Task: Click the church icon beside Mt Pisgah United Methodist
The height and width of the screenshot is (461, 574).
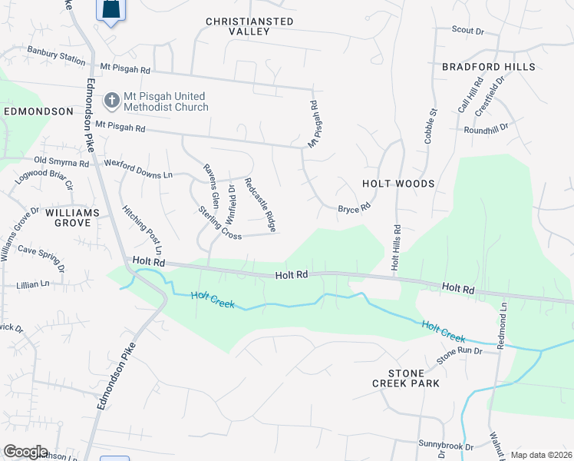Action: (111, 101)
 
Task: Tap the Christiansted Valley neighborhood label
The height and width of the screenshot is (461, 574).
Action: (249, 26)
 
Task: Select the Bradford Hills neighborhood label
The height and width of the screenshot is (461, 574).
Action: (488, 68)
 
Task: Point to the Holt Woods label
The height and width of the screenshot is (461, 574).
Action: (398, 184)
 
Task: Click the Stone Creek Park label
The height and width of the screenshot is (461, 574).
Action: (406, 376)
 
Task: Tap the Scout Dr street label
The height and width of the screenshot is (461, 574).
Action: (468, 31)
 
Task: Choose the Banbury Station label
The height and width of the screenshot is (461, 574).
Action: (56, 57)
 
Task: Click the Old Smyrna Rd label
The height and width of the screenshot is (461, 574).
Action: (62, 162)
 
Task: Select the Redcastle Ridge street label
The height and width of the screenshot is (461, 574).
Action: (259, 205)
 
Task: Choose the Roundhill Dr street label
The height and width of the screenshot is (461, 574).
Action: (487, 130)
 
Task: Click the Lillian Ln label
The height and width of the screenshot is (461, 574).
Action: (32, 284)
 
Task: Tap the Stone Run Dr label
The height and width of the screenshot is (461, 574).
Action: (458, 351)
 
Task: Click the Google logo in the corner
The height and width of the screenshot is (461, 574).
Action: (25, 452)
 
